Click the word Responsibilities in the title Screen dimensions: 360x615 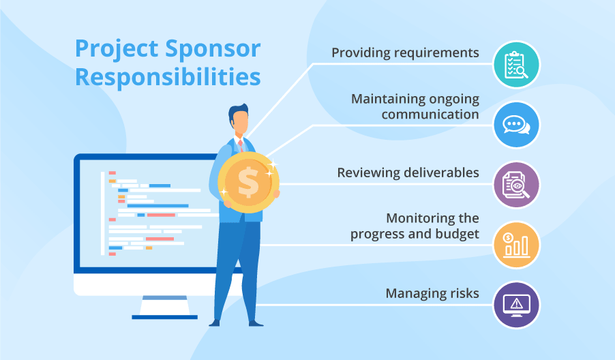click(168, 76)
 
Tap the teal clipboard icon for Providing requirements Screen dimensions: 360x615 click(516, 65)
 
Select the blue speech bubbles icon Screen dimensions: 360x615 click(516, 125)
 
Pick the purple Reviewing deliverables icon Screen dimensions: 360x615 click(516, 185)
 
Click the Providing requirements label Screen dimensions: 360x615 click(405, 52)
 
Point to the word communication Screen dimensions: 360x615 click(430, 114)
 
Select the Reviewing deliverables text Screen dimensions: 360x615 click(408, 173)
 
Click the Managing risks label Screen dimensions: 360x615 click(432, 294)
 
